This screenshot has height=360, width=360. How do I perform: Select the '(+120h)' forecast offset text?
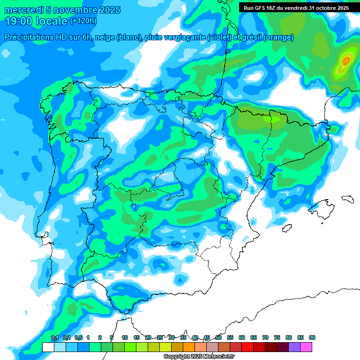(83, 21)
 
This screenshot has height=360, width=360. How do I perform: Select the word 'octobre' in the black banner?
(322, 8)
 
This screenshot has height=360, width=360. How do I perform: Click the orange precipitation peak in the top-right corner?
(346, 60)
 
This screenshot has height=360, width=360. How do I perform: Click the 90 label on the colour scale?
(312, 337)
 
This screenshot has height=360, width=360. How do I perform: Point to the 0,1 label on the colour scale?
(54, 337)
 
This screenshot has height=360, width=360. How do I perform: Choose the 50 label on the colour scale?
(218, 337)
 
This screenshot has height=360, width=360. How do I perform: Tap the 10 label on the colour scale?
(125, 337)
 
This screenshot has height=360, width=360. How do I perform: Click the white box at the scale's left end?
(48, 347)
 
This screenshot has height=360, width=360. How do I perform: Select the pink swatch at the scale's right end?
(306, 347)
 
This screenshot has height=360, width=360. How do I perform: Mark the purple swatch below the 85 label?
(294, 347)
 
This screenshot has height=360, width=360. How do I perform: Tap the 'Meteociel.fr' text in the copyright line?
(219, 356)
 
